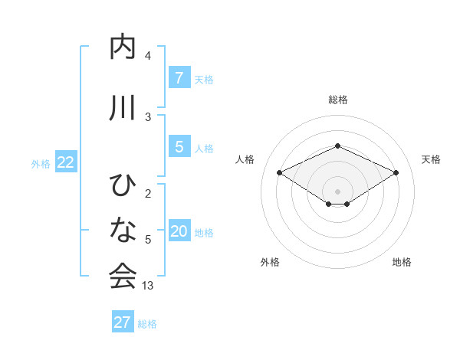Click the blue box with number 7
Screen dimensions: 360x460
click(179, 78)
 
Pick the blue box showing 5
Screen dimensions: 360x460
click(179, 146)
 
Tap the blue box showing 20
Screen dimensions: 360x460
click(179, 231)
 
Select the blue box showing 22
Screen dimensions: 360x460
click(66, 162)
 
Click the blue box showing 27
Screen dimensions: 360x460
click(122, 322)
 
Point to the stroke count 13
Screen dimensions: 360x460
click(148, 286)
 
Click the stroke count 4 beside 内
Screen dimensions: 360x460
click(148, 56)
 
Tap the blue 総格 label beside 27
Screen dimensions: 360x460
click(147, 324)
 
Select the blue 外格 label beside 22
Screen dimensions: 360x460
click(41, 163)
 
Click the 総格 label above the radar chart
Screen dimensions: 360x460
click(337, 100)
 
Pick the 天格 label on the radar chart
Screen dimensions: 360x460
click(431, 159)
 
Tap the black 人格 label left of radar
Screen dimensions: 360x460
click(245, 159)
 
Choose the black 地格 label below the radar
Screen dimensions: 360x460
click(402, 262)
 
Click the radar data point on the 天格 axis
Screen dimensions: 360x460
click(396, 173)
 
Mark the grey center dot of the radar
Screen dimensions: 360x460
click(337, 191)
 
